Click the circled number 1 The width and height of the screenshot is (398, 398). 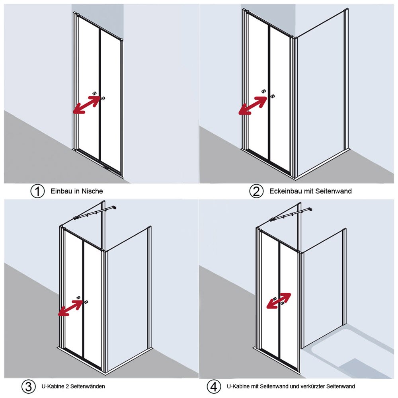[37, 191]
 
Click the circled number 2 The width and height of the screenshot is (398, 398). [256, 191]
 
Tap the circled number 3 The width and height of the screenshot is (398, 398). [28, 386]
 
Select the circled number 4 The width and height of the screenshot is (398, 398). [214, 386]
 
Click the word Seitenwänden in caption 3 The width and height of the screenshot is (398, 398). [88, 386]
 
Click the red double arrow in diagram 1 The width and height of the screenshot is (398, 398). [86, 105]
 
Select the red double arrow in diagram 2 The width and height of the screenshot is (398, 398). [253, 106]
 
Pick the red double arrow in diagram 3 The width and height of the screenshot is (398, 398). [71, 308]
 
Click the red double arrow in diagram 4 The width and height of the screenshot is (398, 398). [279, 301]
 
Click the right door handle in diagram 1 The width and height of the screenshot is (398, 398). [103, 98]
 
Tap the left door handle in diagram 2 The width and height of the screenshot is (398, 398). [264, 92]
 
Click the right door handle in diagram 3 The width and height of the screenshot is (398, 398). [86, 302]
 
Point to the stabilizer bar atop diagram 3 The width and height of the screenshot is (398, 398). [95, 213]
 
